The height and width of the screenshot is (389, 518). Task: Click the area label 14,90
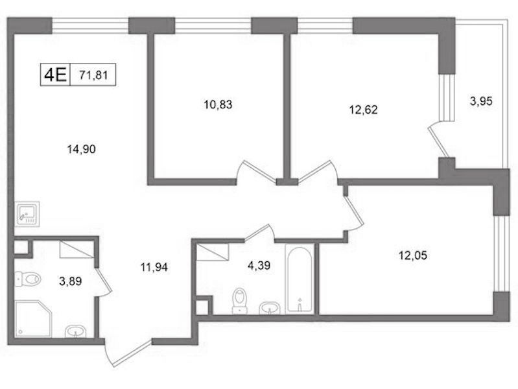tap(81, 149)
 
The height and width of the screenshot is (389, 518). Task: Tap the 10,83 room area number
tap(218, 105)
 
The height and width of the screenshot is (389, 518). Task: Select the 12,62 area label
tap(363, 110)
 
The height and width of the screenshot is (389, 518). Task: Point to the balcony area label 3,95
tap(481, 101)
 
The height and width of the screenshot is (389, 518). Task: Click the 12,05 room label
tap(413, 255)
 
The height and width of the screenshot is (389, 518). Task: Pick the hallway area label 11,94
tap(154, 266)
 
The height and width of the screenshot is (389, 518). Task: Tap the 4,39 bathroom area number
tap(259, 265)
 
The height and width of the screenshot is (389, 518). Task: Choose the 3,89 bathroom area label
tap(71, 281)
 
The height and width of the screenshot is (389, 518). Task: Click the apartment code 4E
tap(55, 75)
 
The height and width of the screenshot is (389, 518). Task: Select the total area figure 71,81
tap(93, 75)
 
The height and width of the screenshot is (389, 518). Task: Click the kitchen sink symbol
tap(27, 214)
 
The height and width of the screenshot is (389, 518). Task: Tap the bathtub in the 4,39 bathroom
tap(300, 279)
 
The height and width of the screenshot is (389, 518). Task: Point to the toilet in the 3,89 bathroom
tap(28, 279)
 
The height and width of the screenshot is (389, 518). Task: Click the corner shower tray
tap(33, 319)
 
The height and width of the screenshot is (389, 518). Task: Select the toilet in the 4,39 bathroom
tap(240, 300)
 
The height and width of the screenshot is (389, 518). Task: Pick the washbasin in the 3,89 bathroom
tap(75, 331)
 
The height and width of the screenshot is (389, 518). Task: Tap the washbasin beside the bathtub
tap(270, 308)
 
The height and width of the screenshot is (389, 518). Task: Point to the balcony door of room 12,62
tap(438, 141)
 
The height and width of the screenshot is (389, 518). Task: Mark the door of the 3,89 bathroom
tap(103, 281)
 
